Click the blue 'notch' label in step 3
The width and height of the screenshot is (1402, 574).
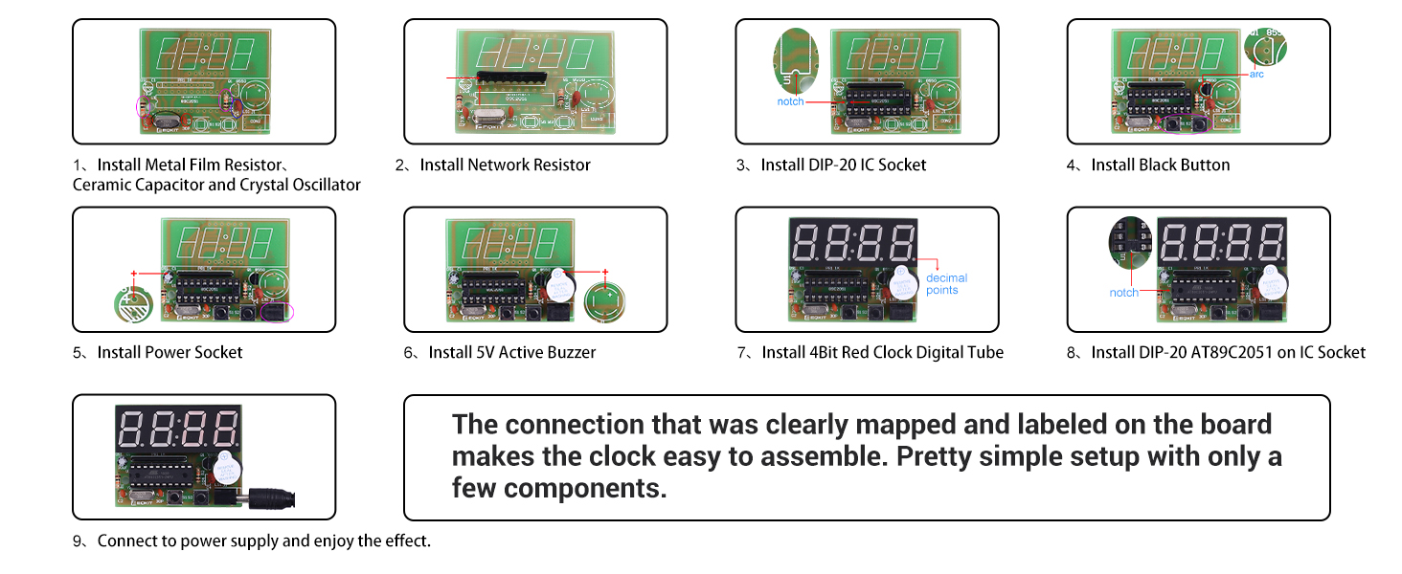click(790, 100)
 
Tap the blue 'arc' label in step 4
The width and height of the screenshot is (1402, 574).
click(1257, 74)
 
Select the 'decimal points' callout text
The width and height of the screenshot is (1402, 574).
click(946, 284)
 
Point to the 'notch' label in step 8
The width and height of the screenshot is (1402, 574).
click(1123, 292)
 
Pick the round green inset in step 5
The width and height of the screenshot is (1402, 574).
click(132, 304)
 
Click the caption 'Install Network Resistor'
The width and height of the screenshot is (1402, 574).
click(505, 166)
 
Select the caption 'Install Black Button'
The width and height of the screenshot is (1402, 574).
click(1160, 166)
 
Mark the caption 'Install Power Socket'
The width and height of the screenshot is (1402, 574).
click(170, 353)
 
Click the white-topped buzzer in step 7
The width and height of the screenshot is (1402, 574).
click(901, 281)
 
